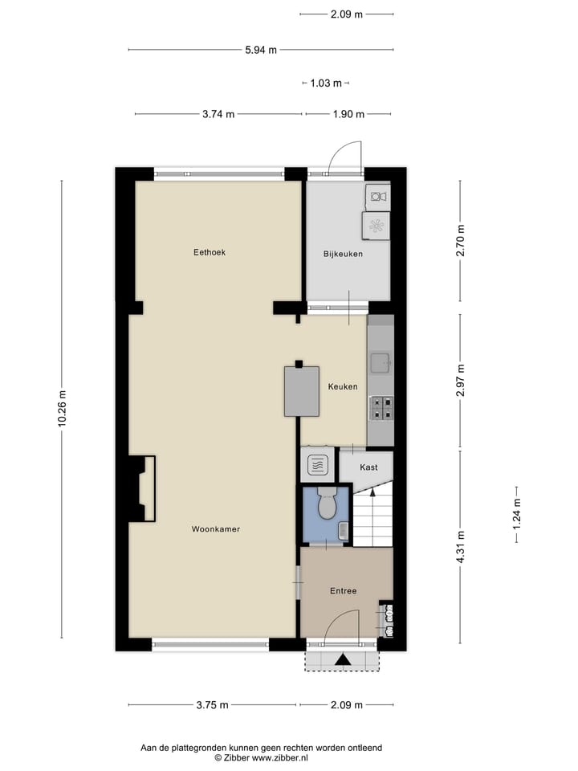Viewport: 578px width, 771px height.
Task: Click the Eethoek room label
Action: pos(210,252)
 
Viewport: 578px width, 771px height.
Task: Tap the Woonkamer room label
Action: pos(216,529)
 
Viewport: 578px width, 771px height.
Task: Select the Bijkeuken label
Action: pos(344,254)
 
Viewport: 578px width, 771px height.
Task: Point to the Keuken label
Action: pos(343,387)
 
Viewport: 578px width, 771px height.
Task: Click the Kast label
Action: pos(368,467)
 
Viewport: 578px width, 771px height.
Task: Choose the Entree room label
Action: pos(343,591)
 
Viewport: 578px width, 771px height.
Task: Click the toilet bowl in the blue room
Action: pos(327,504)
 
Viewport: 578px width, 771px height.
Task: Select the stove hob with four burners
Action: pos(381,409)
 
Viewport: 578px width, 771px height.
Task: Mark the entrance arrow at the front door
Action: pos(343,660)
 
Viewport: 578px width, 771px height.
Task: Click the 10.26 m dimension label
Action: pos(62,410)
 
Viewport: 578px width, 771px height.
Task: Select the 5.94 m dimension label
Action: pos(261,50)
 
